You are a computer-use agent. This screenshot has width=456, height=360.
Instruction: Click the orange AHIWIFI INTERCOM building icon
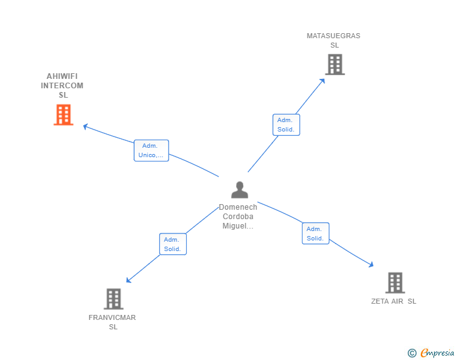[63, 115]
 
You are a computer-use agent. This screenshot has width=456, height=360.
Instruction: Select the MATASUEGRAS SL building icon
[334, 64]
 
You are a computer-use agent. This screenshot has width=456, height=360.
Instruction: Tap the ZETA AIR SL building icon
[395, 283]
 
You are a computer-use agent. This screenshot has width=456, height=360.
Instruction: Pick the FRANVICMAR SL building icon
[113, 299]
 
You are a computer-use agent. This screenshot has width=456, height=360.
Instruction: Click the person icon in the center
[239, 190]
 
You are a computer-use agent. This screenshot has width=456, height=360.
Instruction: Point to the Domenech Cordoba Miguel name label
[237, 217]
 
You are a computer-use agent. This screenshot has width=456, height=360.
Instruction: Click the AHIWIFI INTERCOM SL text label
[63, 86]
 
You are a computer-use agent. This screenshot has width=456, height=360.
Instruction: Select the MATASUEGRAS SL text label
[334, 40]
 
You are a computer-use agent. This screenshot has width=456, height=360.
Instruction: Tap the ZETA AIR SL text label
[393, 301]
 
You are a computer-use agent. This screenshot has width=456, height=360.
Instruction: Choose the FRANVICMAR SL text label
[112, 322]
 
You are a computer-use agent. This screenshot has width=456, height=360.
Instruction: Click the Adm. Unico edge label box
[151, 150]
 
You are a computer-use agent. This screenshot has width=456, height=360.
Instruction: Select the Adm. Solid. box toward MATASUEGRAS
[287, 125]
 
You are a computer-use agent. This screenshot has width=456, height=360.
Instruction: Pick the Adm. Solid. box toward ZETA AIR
[315, 234]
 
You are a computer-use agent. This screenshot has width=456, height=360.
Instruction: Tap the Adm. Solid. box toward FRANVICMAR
[172, 244]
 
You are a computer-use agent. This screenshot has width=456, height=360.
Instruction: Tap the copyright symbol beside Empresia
[412, 353]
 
